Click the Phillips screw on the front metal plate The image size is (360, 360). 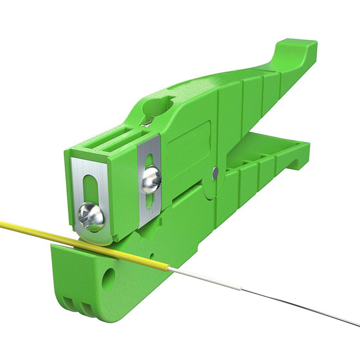coord(91,217)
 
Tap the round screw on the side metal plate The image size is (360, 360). coord(152,179)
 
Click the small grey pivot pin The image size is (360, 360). coord(215,172)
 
